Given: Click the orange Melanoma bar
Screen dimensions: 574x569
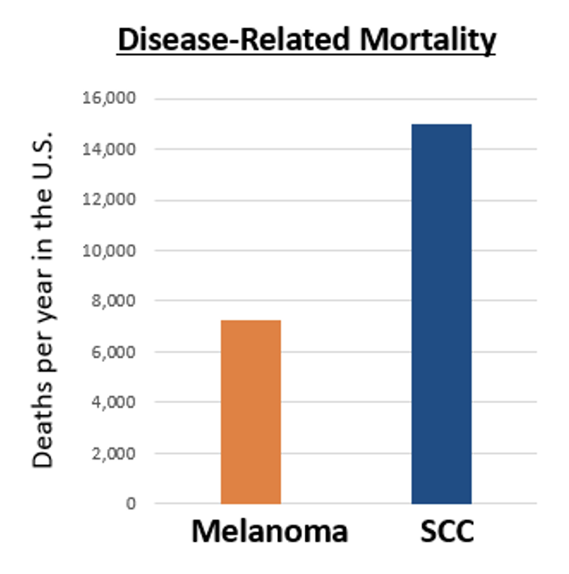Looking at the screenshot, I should pyautogui.click(x=251, y=412).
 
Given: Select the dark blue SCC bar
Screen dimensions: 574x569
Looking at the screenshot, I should pyautogui.click(x=441, y=314).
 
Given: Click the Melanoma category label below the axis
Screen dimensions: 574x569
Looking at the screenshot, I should pyautogui.click(x=270, y=532).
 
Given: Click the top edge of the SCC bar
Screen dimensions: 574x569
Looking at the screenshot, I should pyautogui.click(x=441, y=125).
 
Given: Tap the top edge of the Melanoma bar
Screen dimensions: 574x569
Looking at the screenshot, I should pyautogui.click(x=251, y=321).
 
